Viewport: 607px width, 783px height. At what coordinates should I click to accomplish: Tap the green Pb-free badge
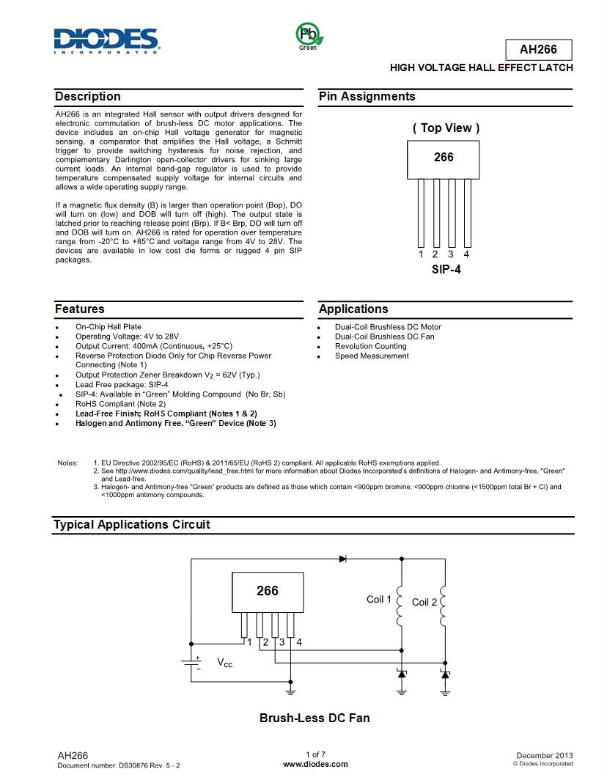point(307,34)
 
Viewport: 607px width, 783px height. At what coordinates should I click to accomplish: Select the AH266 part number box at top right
point(538,50)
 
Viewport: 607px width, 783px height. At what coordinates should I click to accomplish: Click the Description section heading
point(88,97)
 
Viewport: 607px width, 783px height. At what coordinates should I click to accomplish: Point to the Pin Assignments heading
point(367,97)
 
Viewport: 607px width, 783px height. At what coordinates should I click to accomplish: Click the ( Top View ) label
point(446,128)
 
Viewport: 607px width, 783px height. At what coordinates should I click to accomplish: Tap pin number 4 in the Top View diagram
point(466,254)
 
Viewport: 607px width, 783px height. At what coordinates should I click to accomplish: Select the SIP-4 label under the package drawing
point(445,269)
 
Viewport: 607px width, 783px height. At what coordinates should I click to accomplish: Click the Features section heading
point(79,309)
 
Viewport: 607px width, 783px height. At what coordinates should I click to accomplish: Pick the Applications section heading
point(353,309)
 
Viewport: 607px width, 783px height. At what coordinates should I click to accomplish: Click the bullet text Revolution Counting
point(370,346)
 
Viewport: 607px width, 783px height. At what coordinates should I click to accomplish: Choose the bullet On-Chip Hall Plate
point(108,327)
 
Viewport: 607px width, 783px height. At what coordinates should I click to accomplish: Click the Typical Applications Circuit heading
point(131,525)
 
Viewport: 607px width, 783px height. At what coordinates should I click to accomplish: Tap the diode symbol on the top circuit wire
point(342,559)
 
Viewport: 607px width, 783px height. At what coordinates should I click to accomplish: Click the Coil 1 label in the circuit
point(379,600)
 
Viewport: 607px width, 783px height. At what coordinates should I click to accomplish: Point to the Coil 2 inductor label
point(424,602)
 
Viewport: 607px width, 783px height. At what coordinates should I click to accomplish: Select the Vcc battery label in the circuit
point(224,663)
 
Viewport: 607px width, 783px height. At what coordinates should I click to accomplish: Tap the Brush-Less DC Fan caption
point(314,718)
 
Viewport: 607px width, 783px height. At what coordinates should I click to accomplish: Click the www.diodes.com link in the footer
point(315,764)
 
